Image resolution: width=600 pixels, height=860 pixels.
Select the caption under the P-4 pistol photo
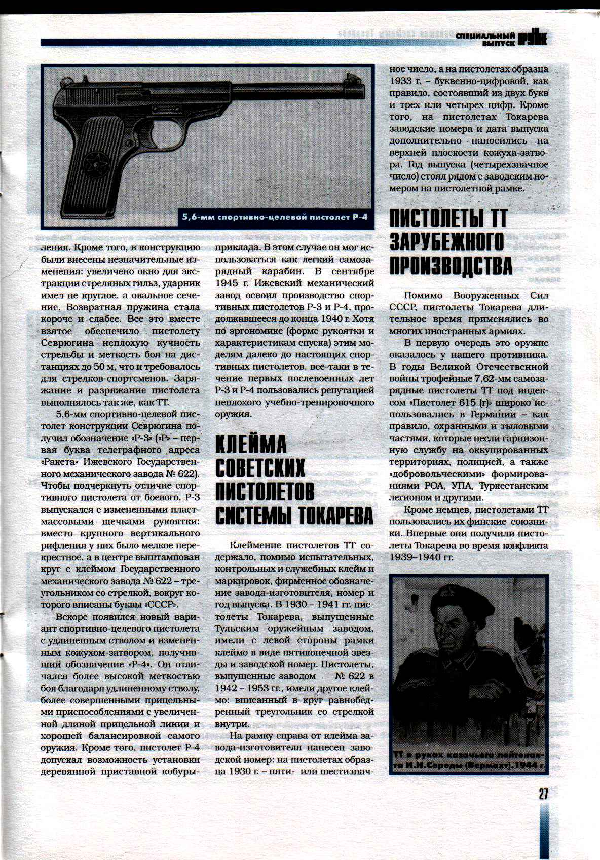274,218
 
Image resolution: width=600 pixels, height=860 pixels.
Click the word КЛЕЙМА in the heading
251,444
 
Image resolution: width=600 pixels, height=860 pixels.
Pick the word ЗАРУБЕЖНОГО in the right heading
446,241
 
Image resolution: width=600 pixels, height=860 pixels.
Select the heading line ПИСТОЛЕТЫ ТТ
448,219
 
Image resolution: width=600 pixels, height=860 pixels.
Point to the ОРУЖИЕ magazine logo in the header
532,39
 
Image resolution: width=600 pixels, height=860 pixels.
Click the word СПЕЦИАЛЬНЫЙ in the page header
485,36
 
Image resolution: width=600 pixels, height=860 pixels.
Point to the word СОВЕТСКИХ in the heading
260,468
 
